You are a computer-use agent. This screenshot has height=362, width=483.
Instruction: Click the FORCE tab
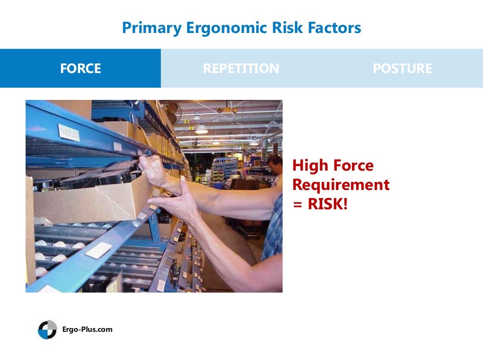[x=80, y=68]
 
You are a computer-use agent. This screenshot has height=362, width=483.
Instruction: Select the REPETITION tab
[x=241, y=68]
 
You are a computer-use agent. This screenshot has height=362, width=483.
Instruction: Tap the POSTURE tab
[x=402, y=68]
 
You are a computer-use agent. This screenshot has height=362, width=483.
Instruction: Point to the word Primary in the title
[x=151, y=28]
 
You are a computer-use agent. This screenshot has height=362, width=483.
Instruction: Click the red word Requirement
[x=341, y=185]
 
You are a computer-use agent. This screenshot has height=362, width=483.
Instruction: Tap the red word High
[x=309, y=165]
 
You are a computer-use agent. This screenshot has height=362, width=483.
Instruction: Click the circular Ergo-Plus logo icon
[x=47, y=329]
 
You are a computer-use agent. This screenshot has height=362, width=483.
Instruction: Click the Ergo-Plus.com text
[x=87, y=329]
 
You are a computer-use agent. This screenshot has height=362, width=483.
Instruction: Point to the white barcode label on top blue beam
[x=68, y=132]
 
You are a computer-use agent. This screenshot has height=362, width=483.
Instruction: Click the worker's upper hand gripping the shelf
[x=153, y=170]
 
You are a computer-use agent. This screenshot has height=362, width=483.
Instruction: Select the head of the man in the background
[x=275, y=164]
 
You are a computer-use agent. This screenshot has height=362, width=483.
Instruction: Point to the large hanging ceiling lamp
[x=201, y=128]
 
